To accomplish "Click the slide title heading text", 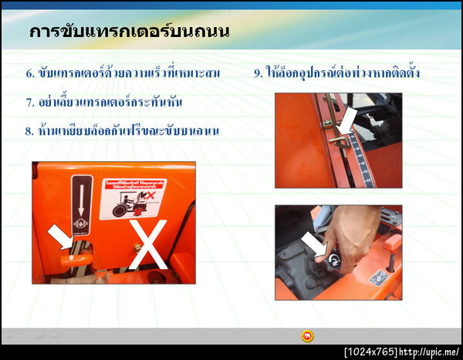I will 129,32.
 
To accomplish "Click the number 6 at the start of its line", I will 29,74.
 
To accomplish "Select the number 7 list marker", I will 29,102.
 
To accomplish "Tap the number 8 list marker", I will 29,130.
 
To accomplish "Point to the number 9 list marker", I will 258,74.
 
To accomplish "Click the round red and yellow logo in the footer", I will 307,336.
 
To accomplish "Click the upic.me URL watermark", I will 429,352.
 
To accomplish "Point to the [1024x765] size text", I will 370,352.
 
